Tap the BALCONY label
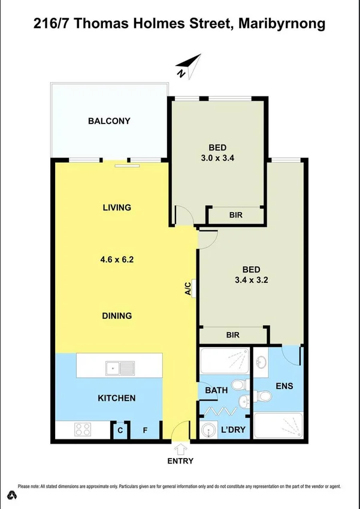click(109, 121)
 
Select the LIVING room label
click(117, 208)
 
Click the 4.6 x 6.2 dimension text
click(117, 260)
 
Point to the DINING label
click(117, 316)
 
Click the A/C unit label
click(188, 288)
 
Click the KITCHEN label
click(117, 398)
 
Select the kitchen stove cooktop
click(82, 430)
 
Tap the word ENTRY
click(180, 461)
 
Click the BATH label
click(216, 391)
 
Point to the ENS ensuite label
click(285, 386)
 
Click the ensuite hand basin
click(262, 362)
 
